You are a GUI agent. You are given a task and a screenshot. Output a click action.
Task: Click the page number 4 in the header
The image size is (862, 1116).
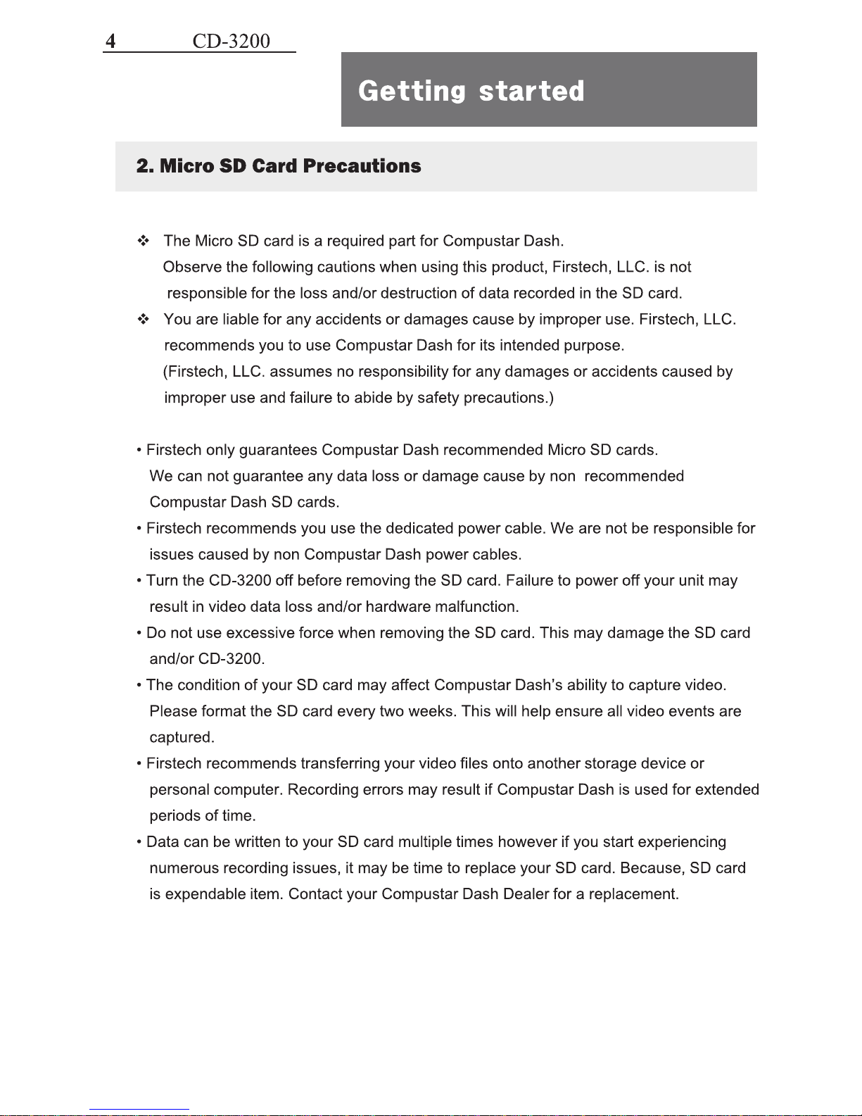(x=110, y=41)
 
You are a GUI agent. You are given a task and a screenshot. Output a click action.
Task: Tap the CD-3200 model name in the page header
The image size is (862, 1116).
(x=231, y=41)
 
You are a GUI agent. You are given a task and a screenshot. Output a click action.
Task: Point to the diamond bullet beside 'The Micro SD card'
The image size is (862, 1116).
(x=144, y=241)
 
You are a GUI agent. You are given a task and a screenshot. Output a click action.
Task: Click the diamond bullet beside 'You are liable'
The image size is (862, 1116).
(x=144, y=320)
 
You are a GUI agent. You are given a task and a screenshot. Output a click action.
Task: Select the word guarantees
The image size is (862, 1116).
(x=278, y=450)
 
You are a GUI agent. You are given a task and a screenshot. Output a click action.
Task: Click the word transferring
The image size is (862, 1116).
(x=341, y=764)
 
